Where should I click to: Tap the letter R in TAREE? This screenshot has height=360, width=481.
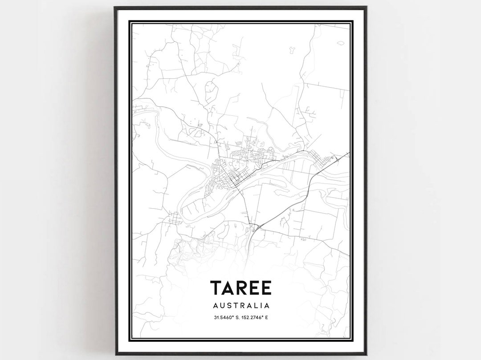pyautogui.click(x=244, y=288)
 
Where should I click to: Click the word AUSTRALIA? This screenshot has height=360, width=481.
pyautogui.click(x=241, y=306)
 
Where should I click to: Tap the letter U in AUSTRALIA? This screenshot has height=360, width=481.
pyautogui.click(x=223, y=306)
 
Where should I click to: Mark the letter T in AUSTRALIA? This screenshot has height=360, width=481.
pyautogui.click(x=236, y=306)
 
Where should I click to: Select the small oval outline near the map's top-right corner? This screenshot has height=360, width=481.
pyautogui.click(x=341, y=43)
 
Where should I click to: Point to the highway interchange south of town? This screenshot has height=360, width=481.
pyautogui.click(x=256, y=228)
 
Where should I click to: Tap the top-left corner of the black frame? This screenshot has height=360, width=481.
pyautogui.click(x=115, y=7)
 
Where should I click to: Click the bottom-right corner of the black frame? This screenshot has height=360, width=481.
pyautogui.click(x=366, y=354)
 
